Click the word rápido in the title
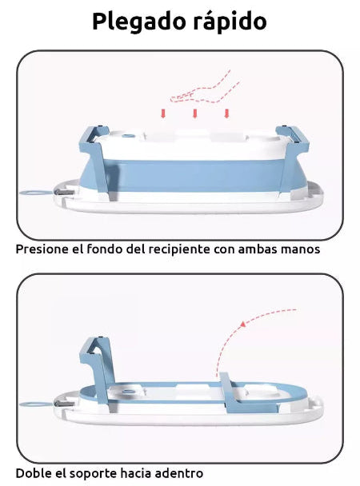[226, 22]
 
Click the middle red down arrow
[195, 114]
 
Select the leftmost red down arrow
[163, 114]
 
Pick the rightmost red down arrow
[227, 114]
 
